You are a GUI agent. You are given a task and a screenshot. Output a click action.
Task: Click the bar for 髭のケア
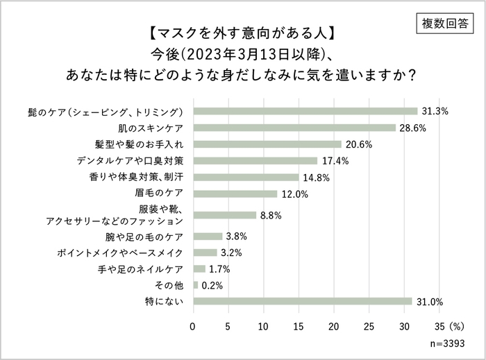click(305, 111)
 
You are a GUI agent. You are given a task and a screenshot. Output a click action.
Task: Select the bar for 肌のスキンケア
click(294, 128)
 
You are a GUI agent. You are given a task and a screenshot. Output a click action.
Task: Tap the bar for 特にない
click(303, 301)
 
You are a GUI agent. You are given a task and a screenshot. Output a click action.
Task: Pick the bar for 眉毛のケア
click(235, 194)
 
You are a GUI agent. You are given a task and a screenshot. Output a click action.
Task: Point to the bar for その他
click(196, 285)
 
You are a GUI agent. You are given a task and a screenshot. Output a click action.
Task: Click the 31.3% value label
click(435, 111)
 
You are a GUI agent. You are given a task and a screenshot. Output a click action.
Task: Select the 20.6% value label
click(358, 144)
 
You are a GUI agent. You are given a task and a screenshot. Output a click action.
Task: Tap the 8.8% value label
click(270, 216)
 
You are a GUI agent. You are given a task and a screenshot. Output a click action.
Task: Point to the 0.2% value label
click(212, 285)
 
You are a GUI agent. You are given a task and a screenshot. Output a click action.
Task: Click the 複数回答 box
click(445, 24)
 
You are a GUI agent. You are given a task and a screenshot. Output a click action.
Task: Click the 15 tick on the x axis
click(299, 325)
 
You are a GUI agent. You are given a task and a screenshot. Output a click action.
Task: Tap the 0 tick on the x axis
click(193, 325)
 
